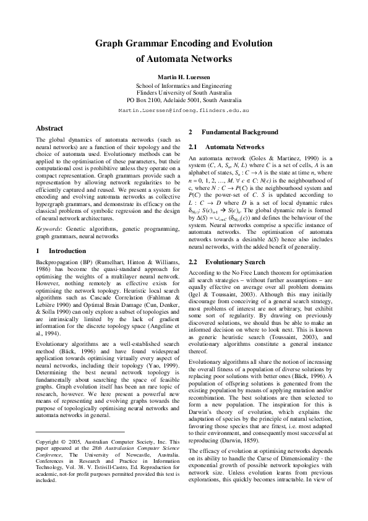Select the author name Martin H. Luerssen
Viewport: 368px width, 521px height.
(184, 77)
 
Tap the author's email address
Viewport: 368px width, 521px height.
(184, 109)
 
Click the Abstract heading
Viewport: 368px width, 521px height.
(49, 128)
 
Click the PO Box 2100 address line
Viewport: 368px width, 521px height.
(184, 99)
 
